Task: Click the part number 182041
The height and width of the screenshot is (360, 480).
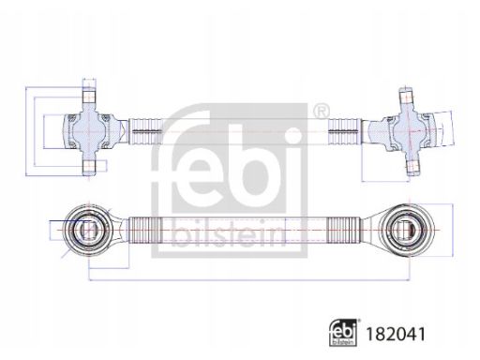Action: [395, 334]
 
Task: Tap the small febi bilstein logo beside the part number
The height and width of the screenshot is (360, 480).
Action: [343, 333]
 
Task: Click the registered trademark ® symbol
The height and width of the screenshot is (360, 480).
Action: [322, 111]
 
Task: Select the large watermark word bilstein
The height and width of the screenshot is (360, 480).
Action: [229, 232]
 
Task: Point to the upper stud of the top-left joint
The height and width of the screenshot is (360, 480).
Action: [89, 97]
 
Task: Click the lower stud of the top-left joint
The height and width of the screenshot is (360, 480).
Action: [89, 167]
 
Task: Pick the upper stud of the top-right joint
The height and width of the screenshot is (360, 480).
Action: [407, 96]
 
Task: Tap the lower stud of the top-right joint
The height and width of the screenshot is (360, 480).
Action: [412, 167]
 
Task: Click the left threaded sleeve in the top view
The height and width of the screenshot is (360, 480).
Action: [145, 131]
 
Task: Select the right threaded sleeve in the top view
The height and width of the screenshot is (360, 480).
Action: [344, 131]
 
